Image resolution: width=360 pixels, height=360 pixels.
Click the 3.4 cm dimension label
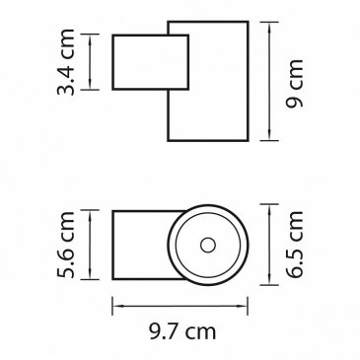pos(65,62)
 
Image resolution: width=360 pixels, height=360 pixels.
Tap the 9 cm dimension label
pos(294,83)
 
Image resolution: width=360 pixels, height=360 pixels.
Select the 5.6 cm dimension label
pos(65,245)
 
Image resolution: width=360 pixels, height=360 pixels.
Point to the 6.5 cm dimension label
pos(294,245)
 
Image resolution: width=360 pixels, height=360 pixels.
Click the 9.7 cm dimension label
pos(182,331)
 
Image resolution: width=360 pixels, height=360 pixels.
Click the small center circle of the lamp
pos(208,246)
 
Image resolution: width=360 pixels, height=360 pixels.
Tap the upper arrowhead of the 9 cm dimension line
pos(269,27)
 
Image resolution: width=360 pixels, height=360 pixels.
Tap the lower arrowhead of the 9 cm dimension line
pos(269,136)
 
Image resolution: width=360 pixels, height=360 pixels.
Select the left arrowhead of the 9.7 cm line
pos(117,306)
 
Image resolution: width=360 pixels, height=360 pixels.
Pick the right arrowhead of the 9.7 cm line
pos(243,306)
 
